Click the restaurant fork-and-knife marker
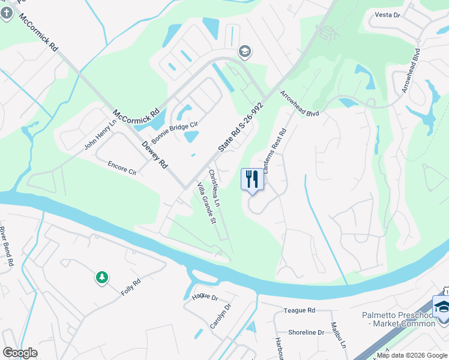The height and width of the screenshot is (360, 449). click(x=252, y=179)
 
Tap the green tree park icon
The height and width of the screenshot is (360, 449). click(x=102, y=277)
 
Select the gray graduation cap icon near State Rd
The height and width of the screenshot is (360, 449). click(x=244, y=52)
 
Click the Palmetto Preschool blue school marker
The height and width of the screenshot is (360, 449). click(x=442, y=307)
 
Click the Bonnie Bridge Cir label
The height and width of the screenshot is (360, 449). click(x=174, y=131)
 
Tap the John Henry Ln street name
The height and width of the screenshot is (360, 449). click(x=99, y=136)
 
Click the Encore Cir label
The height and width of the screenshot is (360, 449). click(x=122, y=167)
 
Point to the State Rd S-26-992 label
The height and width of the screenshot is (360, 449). click(x=241, y=126)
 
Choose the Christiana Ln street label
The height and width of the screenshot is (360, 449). click(x=214, y=188)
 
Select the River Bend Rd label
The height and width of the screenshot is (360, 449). click(x=7, y=247)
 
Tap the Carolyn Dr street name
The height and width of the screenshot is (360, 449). click(x=220, y=316)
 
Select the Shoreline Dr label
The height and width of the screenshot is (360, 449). click(x=306, y=332)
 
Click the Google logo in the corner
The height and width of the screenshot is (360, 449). click(x=20, y=353)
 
